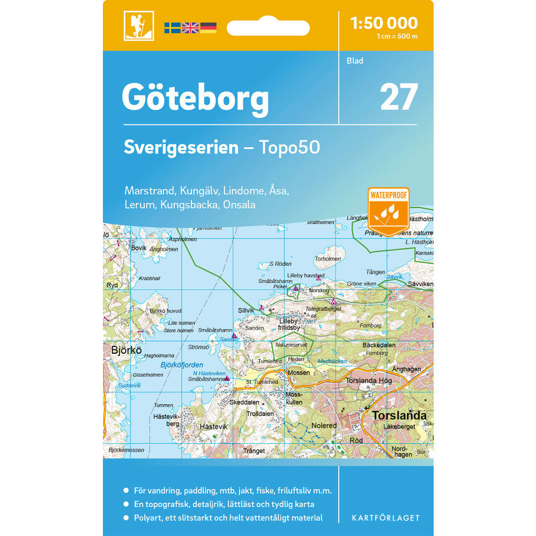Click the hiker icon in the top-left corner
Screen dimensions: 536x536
[139, 26]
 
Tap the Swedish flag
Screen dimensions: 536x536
[172, 28]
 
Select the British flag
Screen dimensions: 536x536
[190, 28]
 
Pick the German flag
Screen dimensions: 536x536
[209, 28]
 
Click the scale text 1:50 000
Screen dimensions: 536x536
[383, 23]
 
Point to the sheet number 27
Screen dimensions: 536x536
[399, 97]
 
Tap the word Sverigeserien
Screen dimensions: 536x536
[181, 147]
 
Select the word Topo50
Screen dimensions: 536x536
[289, 147]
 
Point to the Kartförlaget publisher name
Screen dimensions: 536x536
[385, 518]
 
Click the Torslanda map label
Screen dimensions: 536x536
[399, 415]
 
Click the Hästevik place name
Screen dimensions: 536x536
[213, 427]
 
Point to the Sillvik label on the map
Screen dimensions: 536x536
[247, 310]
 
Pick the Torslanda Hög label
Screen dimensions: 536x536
[369, 381]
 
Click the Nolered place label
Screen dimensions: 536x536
[324, 426]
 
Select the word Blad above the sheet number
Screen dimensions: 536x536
[355, 61]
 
